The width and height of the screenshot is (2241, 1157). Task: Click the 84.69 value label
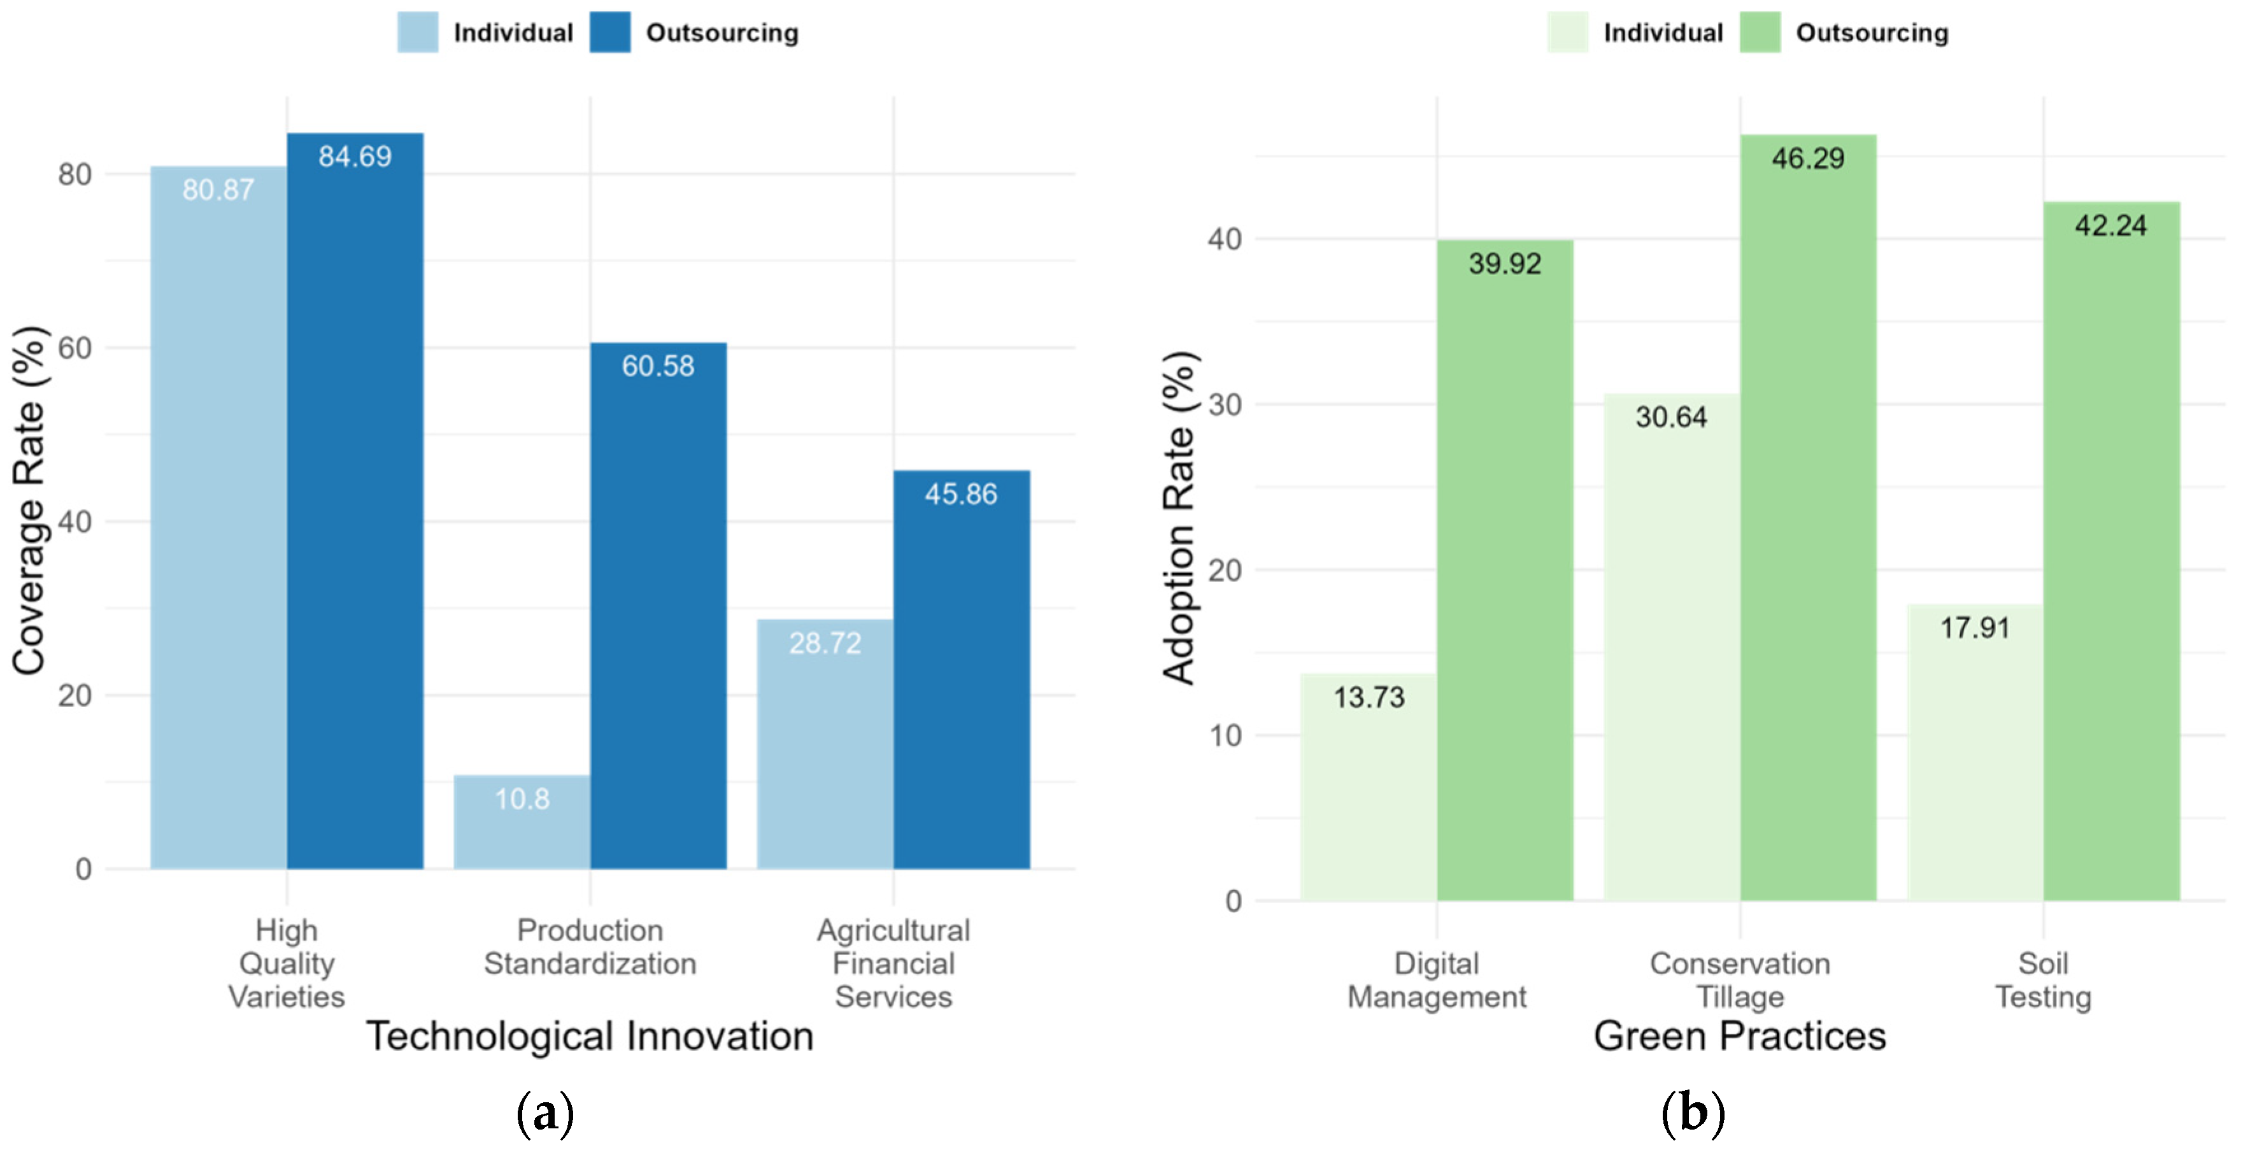[355, 157]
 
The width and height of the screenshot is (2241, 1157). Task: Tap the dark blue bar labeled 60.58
[658, 609]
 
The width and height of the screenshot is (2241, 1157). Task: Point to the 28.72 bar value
[825, 643]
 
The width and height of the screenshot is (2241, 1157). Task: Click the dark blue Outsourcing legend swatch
[610, 32]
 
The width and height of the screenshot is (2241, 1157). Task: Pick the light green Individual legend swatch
[1568, 32]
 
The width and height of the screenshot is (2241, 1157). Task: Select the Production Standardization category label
[590, 946]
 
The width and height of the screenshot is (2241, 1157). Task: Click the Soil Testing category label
[2043, 979]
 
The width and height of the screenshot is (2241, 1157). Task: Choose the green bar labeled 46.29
[1808, 522]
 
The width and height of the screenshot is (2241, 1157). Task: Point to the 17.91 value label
[1975, 627]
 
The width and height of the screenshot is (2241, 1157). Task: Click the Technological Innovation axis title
[590, 1036]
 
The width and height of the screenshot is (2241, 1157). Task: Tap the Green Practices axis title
[1739, 1036]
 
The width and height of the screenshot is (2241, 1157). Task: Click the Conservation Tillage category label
[1740, 979]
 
